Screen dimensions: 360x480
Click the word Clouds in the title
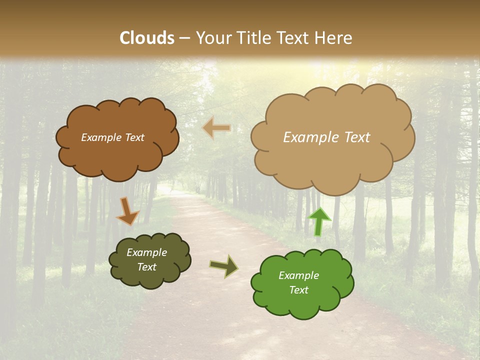coord(147,38)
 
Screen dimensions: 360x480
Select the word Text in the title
coord(295,38)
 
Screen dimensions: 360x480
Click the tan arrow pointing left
coord(216,128)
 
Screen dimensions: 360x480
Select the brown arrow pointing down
coord(127,211)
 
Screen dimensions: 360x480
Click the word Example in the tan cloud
coord(306,137)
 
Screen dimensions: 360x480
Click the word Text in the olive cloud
coord(146,267)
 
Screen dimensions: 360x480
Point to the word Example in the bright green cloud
coord(298,275)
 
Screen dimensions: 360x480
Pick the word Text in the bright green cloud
coord(298,290)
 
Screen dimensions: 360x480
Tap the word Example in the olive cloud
coord(146,252)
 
